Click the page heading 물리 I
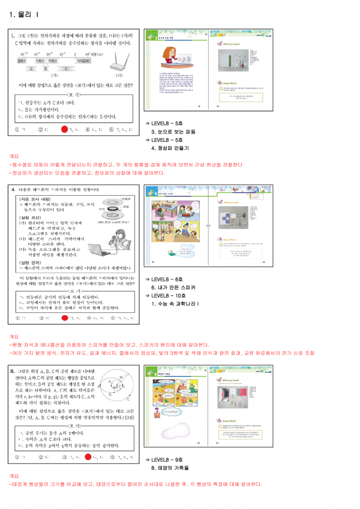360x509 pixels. click(x=23, y=15)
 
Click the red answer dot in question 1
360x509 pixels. click(x=64, y=130)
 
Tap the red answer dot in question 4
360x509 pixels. click(x=64, y=318)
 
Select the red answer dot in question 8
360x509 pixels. click(x=88, y=457)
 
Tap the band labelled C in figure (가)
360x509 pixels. click(x=66, y=69)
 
